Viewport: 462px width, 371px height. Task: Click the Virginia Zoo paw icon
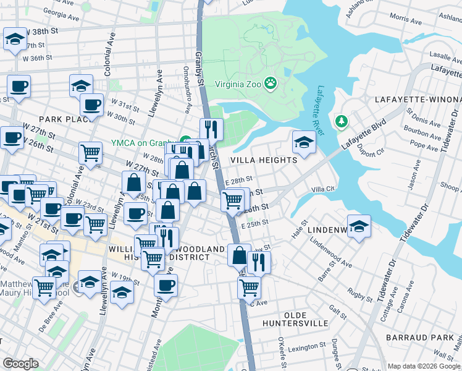click(271, 83)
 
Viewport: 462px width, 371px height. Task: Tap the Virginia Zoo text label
click(238, 83)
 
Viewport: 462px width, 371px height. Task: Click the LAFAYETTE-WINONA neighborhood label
click(418, 100)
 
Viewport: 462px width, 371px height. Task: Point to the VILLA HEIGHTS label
click(264, 160)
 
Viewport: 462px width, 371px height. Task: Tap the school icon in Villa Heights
click(304, 142)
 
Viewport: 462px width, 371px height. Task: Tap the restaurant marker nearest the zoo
click(211, 129)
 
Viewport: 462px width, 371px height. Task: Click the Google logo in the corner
click(20, 364)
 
